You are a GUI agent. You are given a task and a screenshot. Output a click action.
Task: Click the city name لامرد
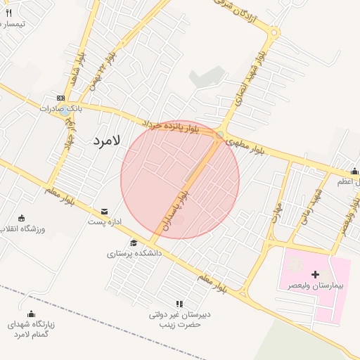[106, 140]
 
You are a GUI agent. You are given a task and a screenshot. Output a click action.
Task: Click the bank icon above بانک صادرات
[60, 98]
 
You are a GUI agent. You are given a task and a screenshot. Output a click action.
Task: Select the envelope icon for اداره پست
[104, 211]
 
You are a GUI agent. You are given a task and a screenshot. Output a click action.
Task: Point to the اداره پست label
[105, 222]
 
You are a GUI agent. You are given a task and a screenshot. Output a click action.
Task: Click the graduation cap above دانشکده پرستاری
[133, 243]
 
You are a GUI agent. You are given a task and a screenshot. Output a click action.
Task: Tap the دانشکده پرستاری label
[135, 253]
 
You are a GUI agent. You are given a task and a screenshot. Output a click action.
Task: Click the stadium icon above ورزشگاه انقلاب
[22, 218]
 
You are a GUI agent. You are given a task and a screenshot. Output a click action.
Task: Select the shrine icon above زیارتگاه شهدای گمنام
[30, 314]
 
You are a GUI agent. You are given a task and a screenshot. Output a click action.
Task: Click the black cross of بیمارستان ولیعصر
[314, 274]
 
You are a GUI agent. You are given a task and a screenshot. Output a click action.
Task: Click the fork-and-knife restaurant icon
[8, 13]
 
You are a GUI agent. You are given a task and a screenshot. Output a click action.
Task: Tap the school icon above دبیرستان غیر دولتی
[179, 304]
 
